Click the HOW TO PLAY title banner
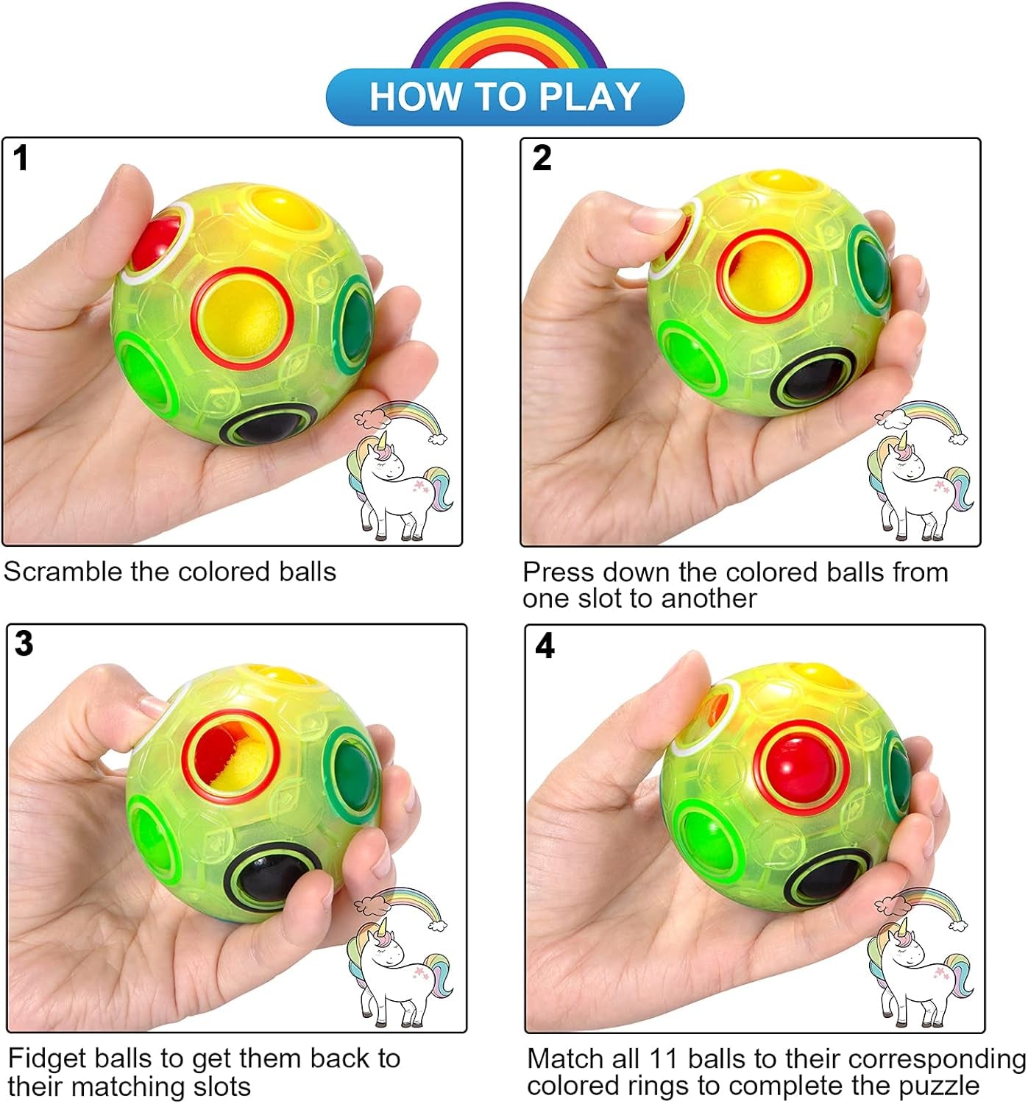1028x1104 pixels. (505, 96)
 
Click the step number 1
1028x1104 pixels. (21, 158)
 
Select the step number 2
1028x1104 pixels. (542, 158)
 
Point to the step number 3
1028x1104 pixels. (24, 643)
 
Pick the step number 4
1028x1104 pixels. (545, 645)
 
